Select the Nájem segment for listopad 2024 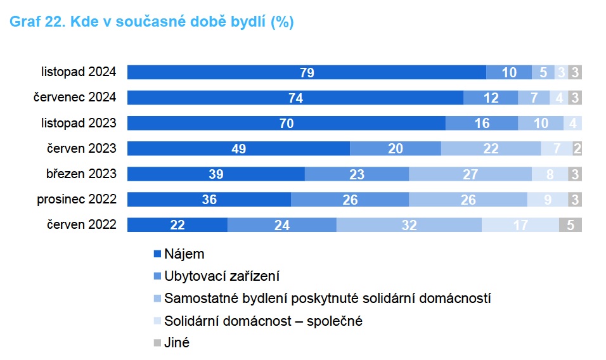click(307, 72)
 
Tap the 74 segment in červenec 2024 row click(295, 98)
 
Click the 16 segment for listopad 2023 click(482, 123)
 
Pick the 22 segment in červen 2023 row click(491, 148)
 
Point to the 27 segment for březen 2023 click(470, 174)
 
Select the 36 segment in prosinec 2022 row click(209, 199)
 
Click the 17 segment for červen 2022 click(520, 225)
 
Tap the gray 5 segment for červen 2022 click(571, 225)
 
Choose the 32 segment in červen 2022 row click(409, 225)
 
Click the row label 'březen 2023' click(81, 174)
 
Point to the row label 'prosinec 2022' click(77, 199)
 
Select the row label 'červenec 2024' click(75, 97)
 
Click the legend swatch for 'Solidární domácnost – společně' click(157, 321)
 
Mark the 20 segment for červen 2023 click(396, 148)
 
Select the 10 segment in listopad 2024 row click(509, 72)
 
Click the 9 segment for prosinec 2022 click(548, 199)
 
